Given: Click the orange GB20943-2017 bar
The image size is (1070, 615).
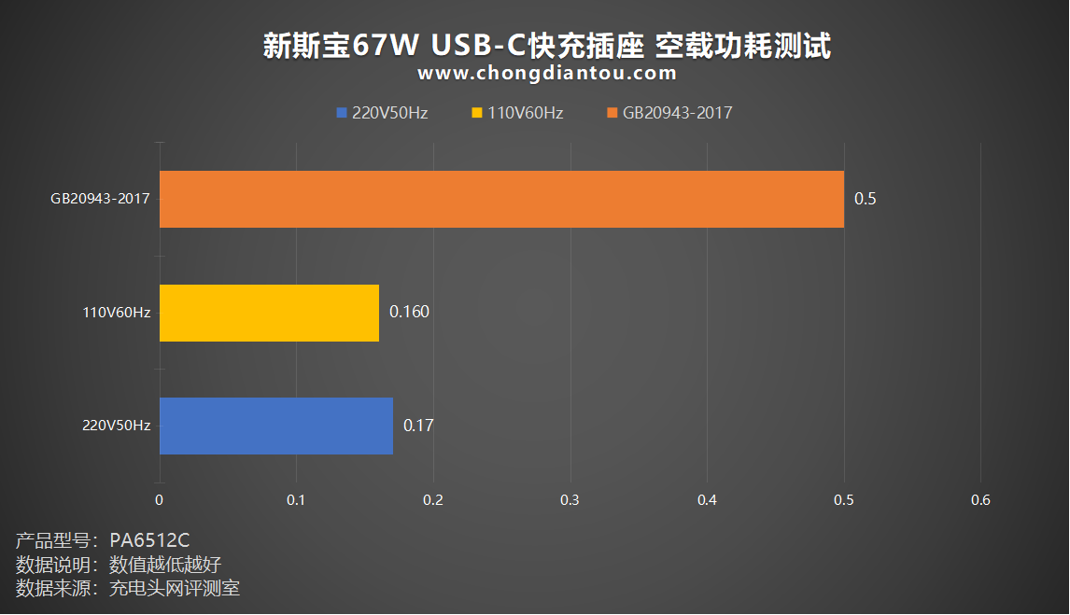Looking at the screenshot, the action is click(x=501, y=199).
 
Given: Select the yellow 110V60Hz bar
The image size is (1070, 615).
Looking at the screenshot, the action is click(x=269, y=313).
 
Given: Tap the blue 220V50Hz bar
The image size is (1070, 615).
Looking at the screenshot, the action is click(x=276, y=426).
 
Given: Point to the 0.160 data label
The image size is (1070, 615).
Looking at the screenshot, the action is click(x=410, y=312).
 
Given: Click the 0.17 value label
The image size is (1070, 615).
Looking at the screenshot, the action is click(x=418, y=426).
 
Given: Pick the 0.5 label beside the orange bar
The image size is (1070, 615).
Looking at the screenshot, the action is click(x=866, y=199).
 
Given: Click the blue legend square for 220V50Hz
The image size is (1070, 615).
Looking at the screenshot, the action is click(x=342, y=113).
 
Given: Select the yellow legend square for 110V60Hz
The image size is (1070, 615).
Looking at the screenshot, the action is click(x=477, y=113).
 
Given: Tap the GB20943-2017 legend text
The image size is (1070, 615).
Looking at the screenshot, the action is click(x=677, y=113).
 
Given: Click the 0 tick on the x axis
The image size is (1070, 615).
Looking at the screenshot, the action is click(x=159, y=500).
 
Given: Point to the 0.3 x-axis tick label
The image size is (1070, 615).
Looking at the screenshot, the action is click(x=570, y=500).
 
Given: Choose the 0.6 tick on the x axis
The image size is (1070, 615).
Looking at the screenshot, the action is click(x=980, y=500).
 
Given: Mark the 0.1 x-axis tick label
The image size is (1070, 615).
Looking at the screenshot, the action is click(x=296, y=500).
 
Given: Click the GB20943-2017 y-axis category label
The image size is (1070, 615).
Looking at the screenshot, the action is click(x=100, y=199).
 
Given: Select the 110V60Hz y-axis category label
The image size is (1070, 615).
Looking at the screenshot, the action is click(x=117, y=313).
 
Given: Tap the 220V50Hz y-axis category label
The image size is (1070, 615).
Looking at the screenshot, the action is click(x=117, y=426).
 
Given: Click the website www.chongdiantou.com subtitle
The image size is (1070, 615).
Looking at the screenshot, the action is click(x=547, y=73).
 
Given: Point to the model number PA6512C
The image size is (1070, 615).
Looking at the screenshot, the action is click(x=149, y=540).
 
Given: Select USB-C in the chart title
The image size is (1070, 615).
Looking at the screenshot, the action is click(x=479, y=46).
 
